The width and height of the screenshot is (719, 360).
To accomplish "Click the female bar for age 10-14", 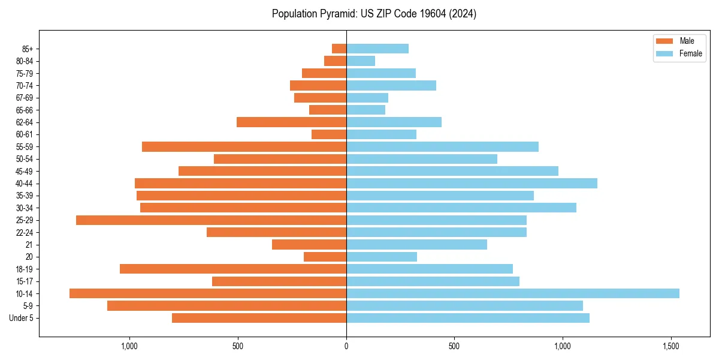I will pyautogui.click(x=512, y=293).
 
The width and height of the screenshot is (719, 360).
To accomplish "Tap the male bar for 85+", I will pyautogui.click(x=339, y=49).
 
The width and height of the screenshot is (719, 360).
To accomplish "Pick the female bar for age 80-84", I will pyautogui.click(x=361, y=61).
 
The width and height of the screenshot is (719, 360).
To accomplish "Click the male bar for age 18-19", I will pyautogui.click(x=233, y=269).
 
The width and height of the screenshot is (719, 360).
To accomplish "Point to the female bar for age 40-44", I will pyautogui.click(x=472, y=183).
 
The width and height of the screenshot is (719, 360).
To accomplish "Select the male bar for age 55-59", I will pyautogui.click(x=244, y=146).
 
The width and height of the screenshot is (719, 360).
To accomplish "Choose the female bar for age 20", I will pyautogui.click(x=382, y=257).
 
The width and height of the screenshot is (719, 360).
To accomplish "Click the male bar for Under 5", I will pyautogui.click(x=259, y=318).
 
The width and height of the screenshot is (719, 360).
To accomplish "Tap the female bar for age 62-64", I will pyautogui.click(x=394, y=122).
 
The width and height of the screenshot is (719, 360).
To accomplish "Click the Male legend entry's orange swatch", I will pyautogui.click(x=664, y=41).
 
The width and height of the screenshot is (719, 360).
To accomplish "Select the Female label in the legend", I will pyautogui.click(x=690, y=53).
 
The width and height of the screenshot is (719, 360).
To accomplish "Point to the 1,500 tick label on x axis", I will pyautogui.click(x=671, y=346).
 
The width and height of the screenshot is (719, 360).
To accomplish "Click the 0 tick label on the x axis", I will pyautogui.click(x=346, y=346).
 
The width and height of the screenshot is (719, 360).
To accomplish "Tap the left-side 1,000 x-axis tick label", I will pyautogui.click(x=129, y=346).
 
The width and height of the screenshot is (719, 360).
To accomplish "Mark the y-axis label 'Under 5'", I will pyautogui.click(x=22, y=318).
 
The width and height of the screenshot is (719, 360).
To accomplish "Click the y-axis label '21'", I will pyautogui.click(x=29, y=245).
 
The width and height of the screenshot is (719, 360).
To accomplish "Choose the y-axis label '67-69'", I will pyautogui.click(x=25, y=98).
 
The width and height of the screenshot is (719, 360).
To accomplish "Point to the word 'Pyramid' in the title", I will pyautogui.click(x=336, y=14).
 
